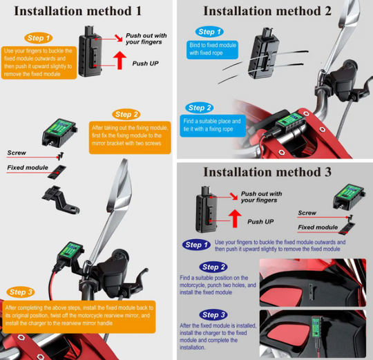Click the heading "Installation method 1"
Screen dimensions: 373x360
tap(78, 11)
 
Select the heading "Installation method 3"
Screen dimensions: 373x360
tap(267, 172)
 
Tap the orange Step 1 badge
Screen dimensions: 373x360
tap(38, 38)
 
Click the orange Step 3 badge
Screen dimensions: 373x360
tap(21, 292)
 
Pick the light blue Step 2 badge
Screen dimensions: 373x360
tap(200, 108)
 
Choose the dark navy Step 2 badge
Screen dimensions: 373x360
tap(213, 267)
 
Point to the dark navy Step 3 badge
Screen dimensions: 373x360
tap(213, 315)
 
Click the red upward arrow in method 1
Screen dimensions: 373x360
tap(119, 60)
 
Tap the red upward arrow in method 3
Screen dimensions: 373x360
tap(235, 218)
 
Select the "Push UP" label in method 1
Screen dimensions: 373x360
tap(145, 64)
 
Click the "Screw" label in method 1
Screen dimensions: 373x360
tap(17, 153)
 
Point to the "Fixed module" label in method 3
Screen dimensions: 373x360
tap(318, 227)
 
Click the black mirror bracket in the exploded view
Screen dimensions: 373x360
tap(60, 200)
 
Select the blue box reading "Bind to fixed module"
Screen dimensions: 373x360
tap(212, 50)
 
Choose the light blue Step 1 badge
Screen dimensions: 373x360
tap(209, 32)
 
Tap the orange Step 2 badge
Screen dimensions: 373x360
tap(126, 115)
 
